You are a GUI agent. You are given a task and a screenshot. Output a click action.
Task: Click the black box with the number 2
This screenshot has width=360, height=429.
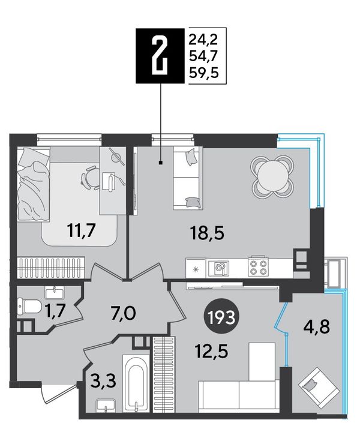(x=160, y=56)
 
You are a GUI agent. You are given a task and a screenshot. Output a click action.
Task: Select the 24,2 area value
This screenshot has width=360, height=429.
(x=203, y=40)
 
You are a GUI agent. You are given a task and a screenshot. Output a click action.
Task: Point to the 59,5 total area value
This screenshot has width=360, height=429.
(x=204, y=73)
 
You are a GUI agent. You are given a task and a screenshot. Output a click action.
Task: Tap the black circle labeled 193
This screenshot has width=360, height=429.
(x=222, y=317)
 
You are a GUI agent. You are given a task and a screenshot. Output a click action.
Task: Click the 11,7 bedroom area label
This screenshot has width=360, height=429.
(x=82, y=230)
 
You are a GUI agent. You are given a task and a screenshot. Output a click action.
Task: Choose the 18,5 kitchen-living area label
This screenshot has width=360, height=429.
(x=208, y=233)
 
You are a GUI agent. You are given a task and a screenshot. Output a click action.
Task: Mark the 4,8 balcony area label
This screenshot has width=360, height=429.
(x=317, y=327)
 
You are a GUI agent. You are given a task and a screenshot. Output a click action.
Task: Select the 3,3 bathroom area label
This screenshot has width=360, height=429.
(x=103, y=381)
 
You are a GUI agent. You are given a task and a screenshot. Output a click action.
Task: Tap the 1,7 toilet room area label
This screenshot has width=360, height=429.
(x=56, y=311)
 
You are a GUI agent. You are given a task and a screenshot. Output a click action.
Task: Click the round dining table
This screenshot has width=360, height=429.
(x=272, y=176)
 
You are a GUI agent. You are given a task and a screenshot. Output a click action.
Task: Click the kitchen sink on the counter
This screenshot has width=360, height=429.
(x=219, y=268)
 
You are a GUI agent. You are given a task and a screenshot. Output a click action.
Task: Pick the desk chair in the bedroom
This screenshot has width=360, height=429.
(x=91, y=178)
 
